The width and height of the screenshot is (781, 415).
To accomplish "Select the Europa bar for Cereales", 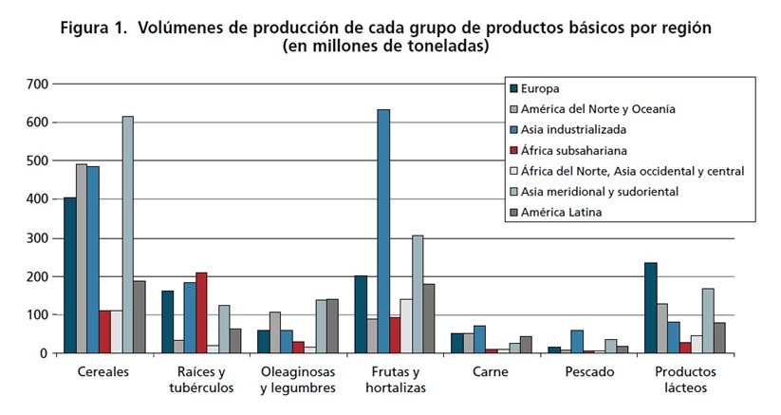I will (70, 275).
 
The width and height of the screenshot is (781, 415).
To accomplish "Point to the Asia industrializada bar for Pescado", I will (578, 342).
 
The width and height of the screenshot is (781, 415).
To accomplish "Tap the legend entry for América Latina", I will (556, 213).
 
